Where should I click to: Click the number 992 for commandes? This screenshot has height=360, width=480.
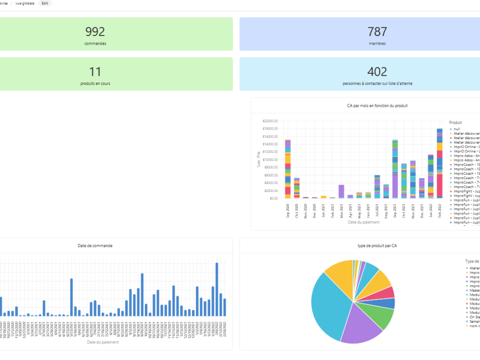(x=95, y=32)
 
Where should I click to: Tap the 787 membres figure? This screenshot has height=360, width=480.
(x=377, y=32)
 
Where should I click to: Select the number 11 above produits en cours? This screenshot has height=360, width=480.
(x=95, y=72)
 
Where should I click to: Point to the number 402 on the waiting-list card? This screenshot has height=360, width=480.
(x=377, y=72)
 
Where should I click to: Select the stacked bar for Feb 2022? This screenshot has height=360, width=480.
(x=439, y=163)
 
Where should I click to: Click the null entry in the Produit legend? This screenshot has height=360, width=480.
(x=457, y=129)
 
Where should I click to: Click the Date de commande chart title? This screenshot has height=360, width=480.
(x=95, y=246)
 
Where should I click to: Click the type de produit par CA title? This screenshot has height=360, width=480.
(x=377, y=246)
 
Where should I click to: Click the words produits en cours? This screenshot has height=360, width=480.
(x=95, y=84)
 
